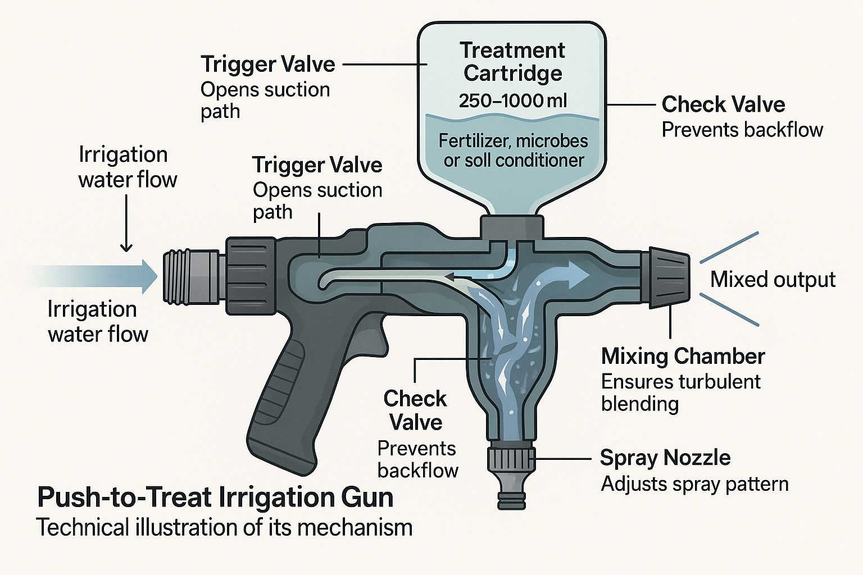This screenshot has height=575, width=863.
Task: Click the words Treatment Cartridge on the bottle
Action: pyautogui.click(x=512, y=62)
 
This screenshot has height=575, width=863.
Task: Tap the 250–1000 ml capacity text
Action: pyautogui.click(x=512, y=101)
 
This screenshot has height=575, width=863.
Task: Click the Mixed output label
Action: pyautogui.click(x=773, y=280)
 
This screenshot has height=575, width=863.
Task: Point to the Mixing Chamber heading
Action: pyautogui.click(x=683, y=356)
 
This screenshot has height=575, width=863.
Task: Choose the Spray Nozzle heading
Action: pyautogui.click(x=665, y=458)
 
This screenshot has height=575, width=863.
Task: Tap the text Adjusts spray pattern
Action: pyautogui.click(x=694, y=484)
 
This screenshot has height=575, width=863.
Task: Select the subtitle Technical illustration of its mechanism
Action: pyautogui.click(x=224, y=528)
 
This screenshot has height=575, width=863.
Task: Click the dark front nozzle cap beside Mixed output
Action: pyautogui.click(x=669, y=277)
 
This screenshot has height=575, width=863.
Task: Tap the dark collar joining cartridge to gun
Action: pyautogui.click(x=512, y=227)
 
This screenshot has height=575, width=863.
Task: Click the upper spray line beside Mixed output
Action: pyautogui.click(x=729, y=247)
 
